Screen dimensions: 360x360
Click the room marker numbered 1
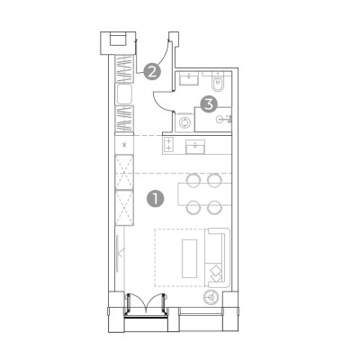(x=155, y=199)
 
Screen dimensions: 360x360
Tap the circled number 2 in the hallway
(x=152, y=72)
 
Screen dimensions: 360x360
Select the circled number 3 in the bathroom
(x=209, y=104)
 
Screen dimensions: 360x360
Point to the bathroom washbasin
(x=189, y=80)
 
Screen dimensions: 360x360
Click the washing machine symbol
(x=184, y=122)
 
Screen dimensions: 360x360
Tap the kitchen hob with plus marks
(x=168, y=144)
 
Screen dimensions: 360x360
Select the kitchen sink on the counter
(x=195, y=147)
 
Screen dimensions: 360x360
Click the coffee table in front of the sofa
(x=190, y=258)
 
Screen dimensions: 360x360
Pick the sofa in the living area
(x=217, y=258)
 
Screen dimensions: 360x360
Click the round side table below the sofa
(x=212, y=298)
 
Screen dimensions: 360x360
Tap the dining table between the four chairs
(x=205, y=194)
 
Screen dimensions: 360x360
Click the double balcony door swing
(x=146, y=303)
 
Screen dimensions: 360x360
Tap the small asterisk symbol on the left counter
(x=125, y=145)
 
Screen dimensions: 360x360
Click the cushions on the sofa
(x=215, y=274)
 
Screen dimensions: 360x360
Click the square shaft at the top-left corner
(x=118, y=43)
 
